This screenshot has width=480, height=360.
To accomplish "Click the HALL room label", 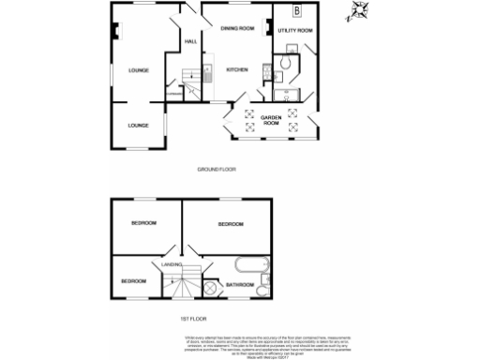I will (x=190, y=42).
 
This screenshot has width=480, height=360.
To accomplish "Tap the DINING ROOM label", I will (x=238, y=29).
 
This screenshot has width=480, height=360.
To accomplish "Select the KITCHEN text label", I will (x=235, y=70).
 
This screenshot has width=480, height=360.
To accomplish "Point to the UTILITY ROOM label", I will (x=295, y=31).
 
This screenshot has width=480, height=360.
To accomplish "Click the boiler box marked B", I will (x=297, y=11).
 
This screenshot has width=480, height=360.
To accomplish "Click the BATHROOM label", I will (x=241, y=284).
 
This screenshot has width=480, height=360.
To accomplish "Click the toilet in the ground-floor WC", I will (x=284, y=63).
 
